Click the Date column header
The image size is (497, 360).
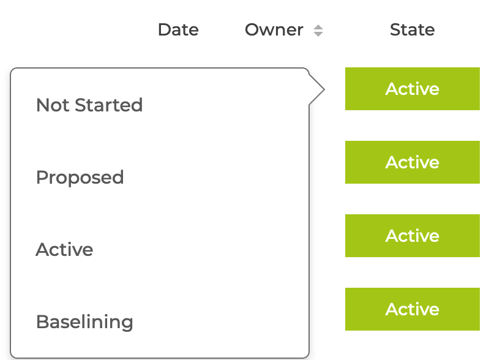pyautogui.click(x=178, y=30)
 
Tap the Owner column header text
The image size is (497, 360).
pyautogui.click(x=274, y=30)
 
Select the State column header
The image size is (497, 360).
pyautogui.click(x=412, y=30)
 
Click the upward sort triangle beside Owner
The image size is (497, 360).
pyautogui.click(x=318, y=27)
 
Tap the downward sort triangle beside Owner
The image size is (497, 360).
pyautogui.click(x=318, y=34)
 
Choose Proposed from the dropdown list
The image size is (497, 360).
pyautogui.click(x=80, y=178)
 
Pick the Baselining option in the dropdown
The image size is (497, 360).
pyautogui.click(x=84, y=322)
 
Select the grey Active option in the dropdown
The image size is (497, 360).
pyautogui.click(x=64, y=249)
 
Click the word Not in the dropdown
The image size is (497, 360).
pyautogui.click(x=53, y=105)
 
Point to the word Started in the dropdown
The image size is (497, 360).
pyautogui.click(x=109, y=105)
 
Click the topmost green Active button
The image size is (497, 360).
pyautogui.click(x=413, y=89)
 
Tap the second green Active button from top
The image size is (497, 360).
pyautogui.click(x=413, y=162)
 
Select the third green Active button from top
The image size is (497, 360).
pyautogui.click(x=413, y=236)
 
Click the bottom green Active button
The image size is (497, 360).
pyautogui.click(x=413, y=309)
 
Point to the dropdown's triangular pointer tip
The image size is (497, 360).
pyautogui.click(x=324, y=89)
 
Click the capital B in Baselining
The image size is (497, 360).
pyautogui.click(x=42, y=322)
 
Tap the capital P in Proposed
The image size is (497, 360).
pyautogui.click(x=42, y=178)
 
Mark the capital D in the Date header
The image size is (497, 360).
pyautogui.click(x=165, y=30)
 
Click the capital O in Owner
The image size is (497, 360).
pyautogui.click(x=253, y=30)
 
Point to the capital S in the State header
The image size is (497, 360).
pyautogui.click(x=395, y=30)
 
